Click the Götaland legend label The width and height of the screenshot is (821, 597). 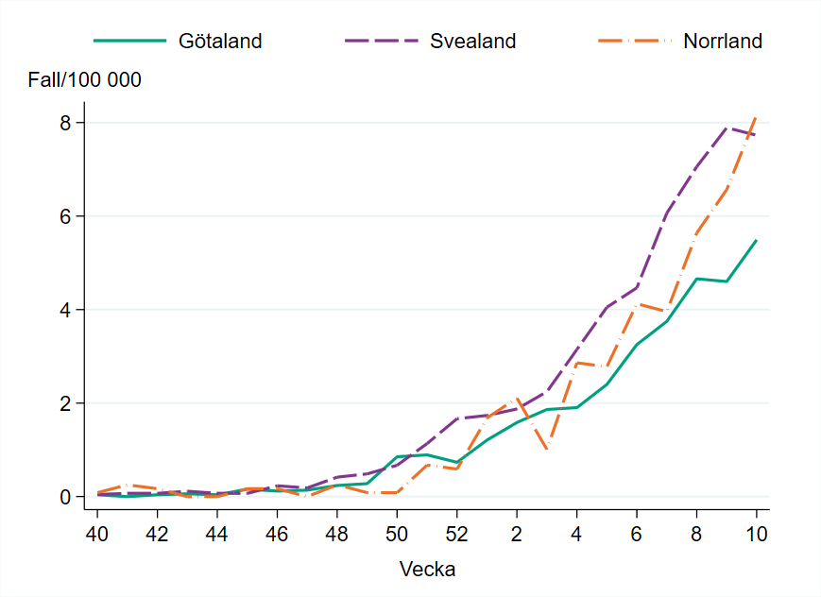point(219,41)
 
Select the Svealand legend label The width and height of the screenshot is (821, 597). point(472,41)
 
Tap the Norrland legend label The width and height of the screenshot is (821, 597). point(722,41)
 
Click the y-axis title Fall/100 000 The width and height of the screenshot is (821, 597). point(84,80)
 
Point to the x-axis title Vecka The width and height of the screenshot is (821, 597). point(427,570)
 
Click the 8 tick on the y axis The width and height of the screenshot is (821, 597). point(79,123)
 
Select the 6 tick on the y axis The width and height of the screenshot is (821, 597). point(79,216)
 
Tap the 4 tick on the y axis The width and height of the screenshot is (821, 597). point(79,310)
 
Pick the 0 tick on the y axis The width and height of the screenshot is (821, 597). point(79,497)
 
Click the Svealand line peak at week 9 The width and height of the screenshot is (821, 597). point(727,128)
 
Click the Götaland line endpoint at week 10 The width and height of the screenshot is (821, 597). point(756,240)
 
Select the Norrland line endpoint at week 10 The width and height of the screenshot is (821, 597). point(756,117)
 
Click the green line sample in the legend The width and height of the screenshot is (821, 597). point(129,41)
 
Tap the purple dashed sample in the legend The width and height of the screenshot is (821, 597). point(383,41)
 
